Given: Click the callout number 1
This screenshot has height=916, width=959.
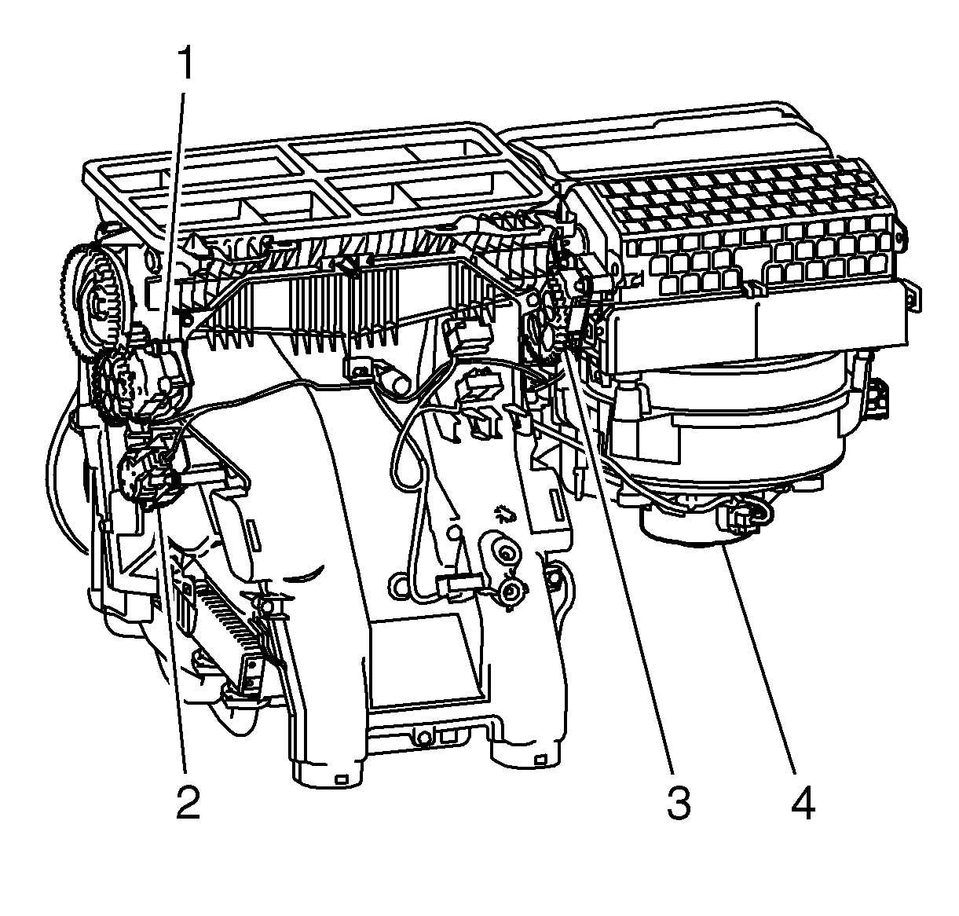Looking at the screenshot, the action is coord(185,63).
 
